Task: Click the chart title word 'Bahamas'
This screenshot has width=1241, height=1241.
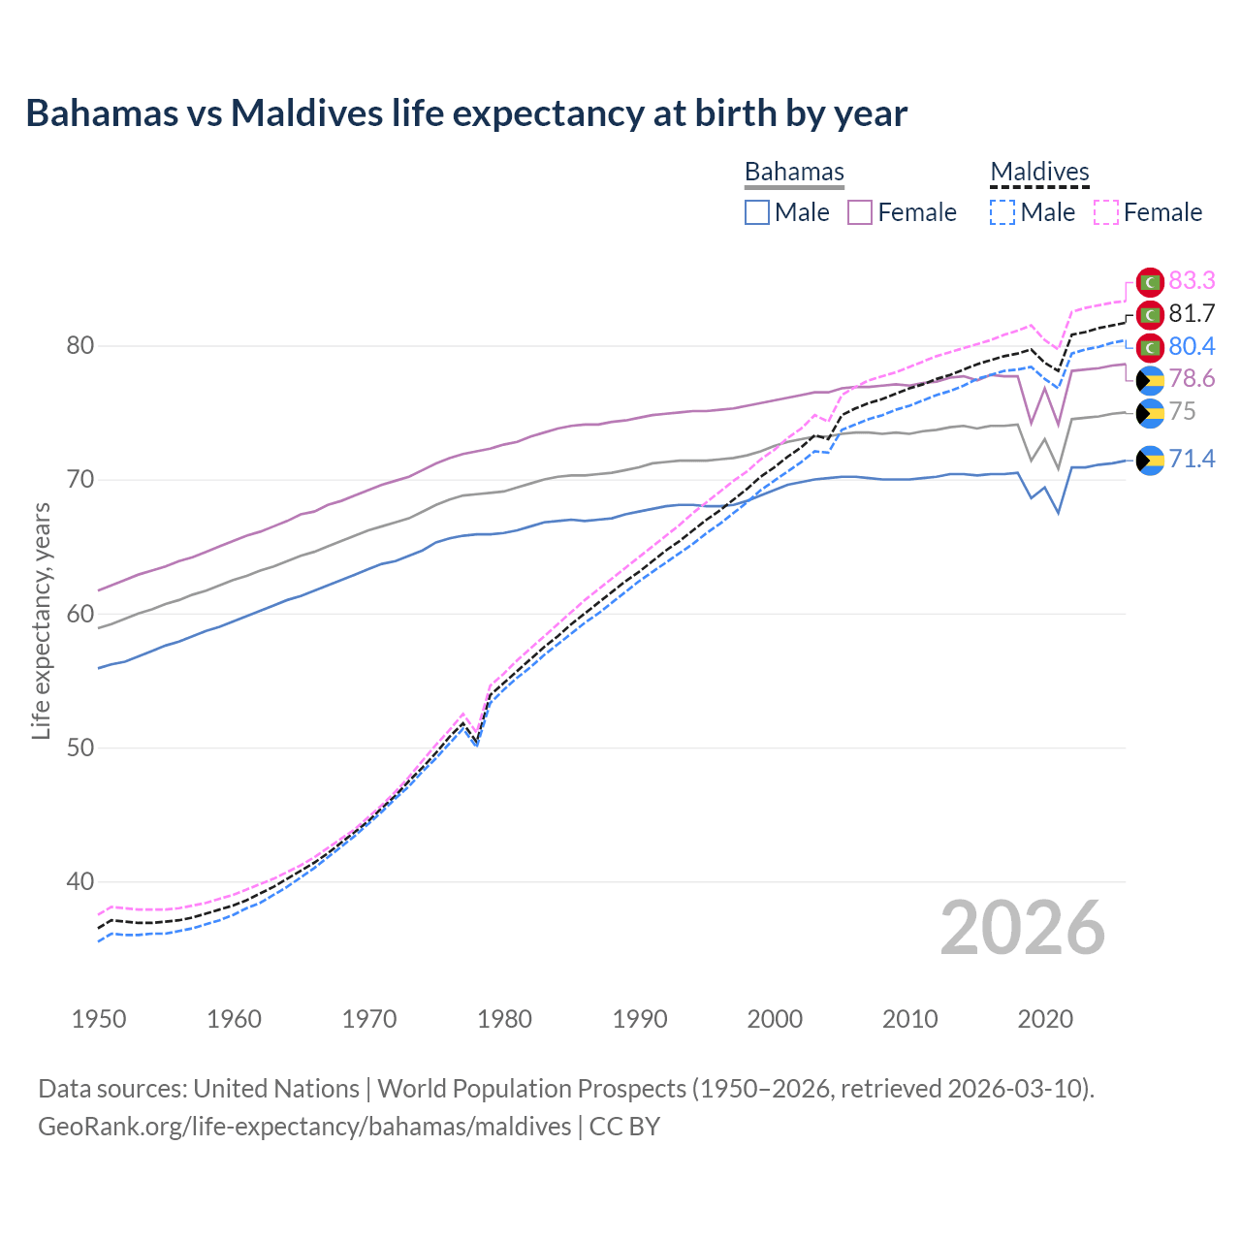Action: [x=102, y=113]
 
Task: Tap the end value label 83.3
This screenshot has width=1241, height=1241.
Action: [x=1192, y=280]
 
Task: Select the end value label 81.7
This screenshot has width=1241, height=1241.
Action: [x=1192, y=313]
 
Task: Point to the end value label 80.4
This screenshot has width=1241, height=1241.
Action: [x=1192, y=346]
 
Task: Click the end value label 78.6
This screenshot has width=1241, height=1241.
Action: [x=1192, y=378]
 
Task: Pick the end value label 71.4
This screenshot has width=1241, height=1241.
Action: [x=1192, y=459]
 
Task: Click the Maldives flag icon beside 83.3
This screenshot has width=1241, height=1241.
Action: [x=1150, y=281]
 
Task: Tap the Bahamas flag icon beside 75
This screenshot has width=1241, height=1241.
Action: [x=1150, y=412]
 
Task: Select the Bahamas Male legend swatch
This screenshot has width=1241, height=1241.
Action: [x=757, y=212]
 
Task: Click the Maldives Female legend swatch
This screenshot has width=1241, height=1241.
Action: [x=1106, y=212]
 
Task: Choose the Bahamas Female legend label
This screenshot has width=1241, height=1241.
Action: [x=916, y=212]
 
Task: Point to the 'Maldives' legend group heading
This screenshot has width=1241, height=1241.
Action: [x=1039, y=172]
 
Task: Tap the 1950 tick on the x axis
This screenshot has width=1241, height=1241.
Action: [x=99, y=1019]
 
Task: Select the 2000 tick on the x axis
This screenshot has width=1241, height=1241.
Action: [x=775, y=1019]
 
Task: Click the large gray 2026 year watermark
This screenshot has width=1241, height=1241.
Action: [x=1022, y=929]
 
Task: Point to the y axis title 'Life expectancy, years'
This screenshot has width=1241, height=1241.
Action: [x=42, y=620]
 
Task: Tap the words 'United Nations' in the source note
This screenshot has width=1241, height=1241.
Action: [x=276, y=1088]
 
